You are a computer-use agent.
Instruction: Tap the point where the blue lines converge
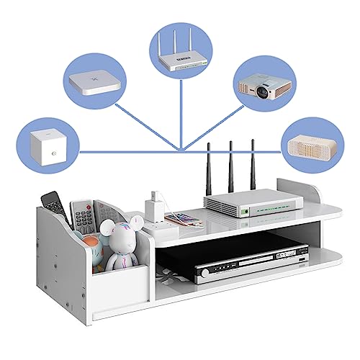pyautogui.click(x=182, y=150)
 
